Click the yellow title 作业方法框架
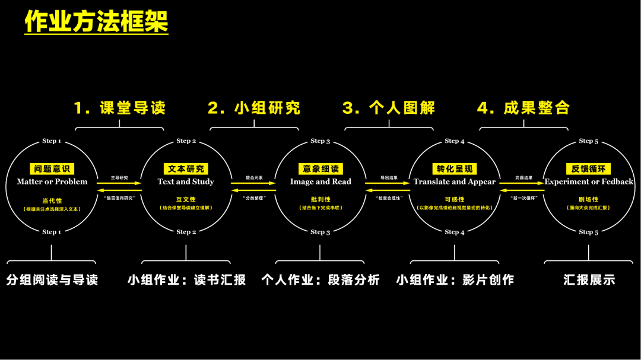coord(96,22)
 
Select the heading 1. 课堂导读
coord(119,108)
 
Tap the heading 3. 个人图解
coord(389,108)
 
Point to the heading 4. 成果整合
coord(523,108)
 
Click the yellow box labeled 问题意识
coord(52,169)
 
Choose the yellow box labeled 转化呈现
coord(455,169)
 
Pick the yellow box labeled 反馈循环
coord(589,169)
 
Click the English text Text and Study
coord(186,181)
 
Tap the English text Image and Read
coord(320,181)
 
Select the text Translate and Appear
coord(455,181)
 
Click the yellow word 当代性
coord(52,200)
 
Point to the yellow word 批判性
coord(320,200)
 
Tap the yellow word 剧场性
coord(589,200)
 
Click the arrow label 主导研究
coord(119,177)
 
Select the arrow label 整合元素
coord(254,177)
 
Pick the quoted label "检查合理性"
coord(388,197)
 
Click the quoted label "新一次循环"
coord(523,197)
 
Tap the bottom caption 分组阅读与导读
coord(52,280)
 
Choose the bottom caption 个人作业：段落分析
coord(320,280)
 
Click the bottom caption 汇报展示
coord(589,280)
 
